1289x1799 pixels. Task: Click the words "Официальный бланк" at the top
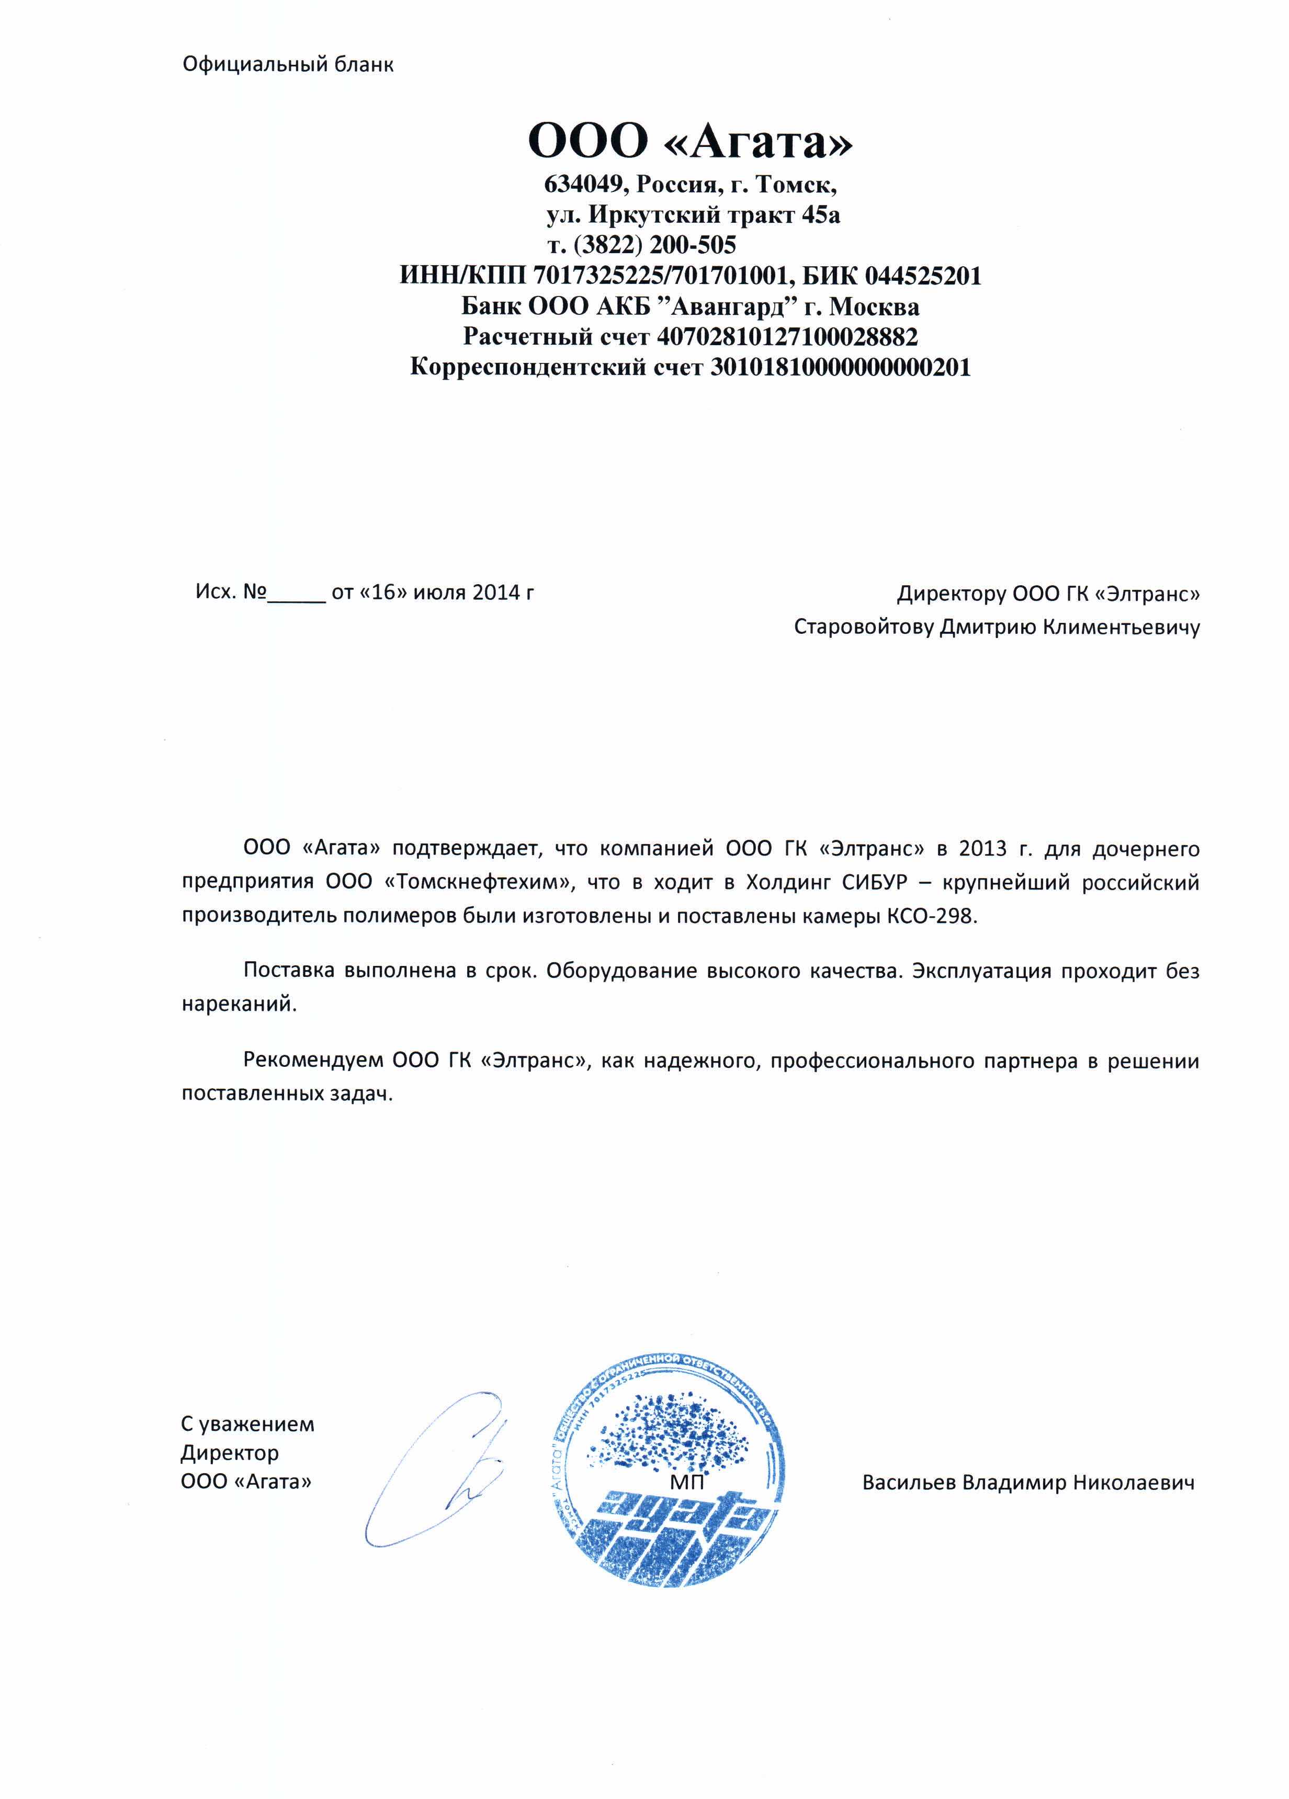coord(287,64)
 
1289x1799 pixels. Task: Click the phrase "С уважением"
coord(247,1424)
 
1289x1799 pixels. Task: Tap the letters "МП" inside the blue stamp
coord(686,1481)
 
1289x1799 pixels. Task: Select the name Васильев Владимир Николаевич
coord(1028,1482)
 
